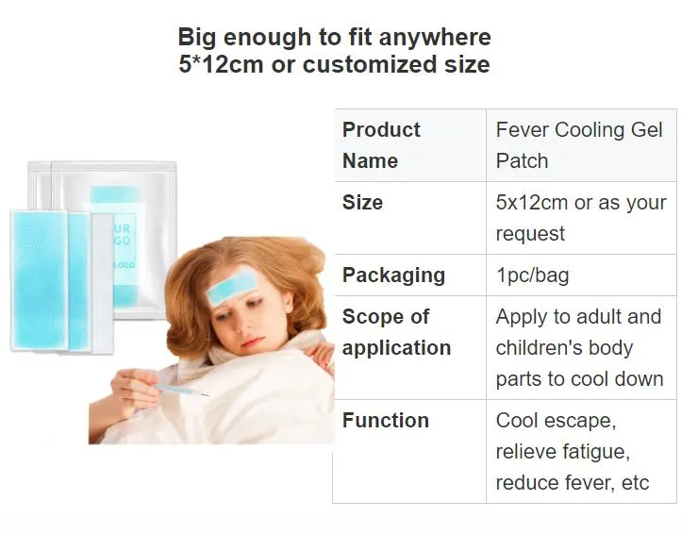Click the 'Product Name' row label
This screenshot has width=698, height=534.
tap(381, 144)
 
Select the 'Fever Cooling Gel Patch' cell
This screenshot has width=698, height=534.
tap(579, 144)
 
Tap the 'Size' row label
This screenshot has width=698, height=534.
tap(362, 202)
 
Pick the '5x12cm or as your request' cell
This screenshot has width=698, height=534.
tap(580, 217)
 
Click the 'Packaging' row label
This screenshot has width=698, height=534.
tap(393, 275)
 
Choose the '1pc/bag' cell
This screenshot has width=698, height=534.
tap(532, 275)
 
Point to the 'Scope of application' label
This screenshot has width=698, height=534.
tap(396, 331)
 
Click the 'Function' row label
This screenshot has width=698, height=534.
tap(385, 420)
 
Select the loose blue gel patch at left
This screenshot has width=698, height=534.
tap(38, 280)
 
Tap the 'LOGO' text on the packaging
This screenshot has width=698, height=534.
tap(124, 265)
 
